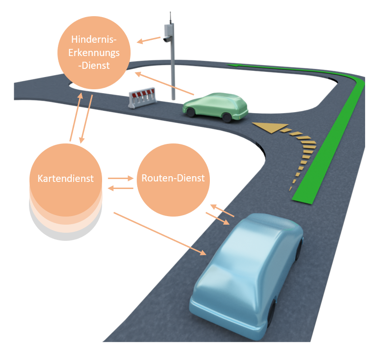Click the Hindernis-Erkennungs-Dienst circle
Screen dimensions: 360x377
[94, 53]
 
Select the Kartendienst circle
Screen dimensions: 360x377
[66, 179]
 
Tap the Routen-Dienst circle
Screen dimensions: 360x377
[173, 179]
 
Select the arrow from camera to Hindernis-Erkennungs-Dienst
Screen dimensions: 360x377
[149, 40]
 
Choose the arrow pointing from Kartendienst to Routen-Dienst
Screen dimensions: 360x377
[121, 178]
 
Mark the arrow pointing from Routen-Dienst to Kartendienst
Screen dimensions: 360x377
[121, 189]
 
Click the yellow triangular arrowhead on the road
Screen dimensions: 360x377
[265, 127]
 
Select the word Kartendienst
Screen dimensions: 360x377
[66, 179]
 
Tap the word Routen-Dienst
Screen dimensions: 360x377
[173, 179]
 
